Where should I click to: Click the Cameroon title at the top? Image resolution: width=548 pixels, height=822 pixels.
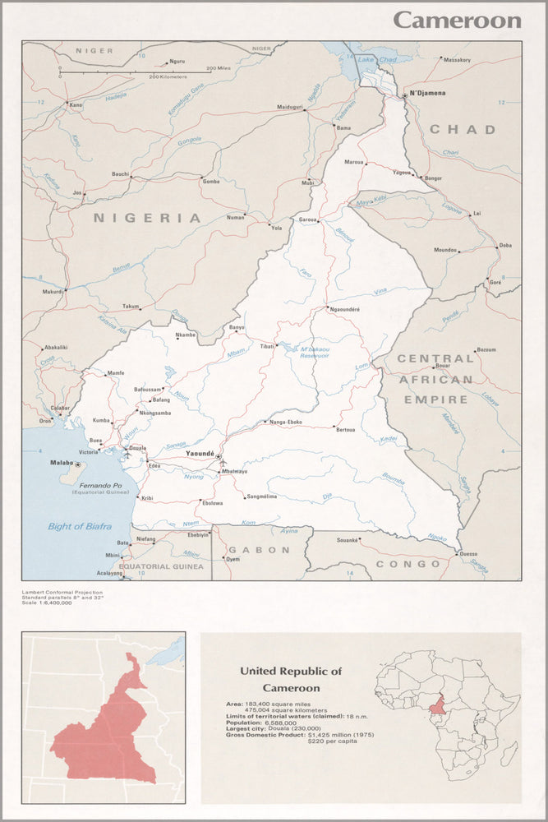[457, 20]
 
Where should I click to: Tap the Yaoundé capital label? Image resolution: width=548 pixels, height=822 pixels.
[200, 454]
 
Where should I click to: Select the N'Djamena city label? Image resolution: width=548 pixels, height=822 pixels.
[427, 93]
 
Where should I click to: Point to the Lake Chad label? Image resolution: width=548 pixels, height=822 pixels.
[377, 60]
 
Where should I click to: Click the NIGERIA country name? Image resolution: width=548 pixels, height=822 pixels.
[147, 218]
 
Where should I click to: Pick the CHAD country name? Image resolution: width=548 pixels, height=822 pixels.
[463, 129]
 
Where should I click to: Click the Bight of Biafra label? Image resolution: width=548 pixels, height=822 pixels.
[76, 526]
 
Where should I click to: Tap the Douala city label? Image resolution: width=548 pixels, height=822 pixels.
[138, 449]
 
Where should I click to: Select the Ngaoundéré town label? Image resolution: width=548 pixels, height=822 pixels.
[345, 309]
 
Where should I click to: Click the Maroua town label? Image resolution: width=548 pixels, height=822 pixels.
[354, 162]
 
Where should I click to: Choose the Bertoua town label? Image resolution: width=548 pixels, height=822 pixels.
[345, 429]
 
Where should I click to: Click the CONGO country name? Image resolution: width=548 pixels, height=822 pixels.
[408, 564]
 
